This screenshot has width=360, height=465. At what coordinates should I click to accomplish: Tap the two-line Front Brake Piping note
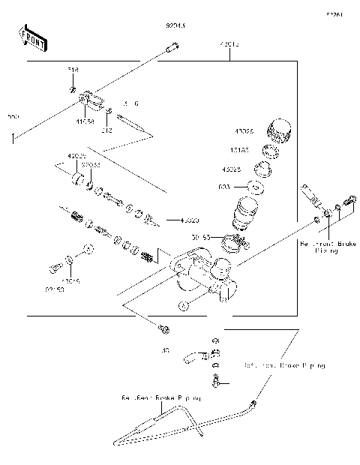point(319,248)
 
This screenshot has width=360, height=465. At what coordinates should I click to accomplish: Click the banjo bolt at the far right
point(347,203)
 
